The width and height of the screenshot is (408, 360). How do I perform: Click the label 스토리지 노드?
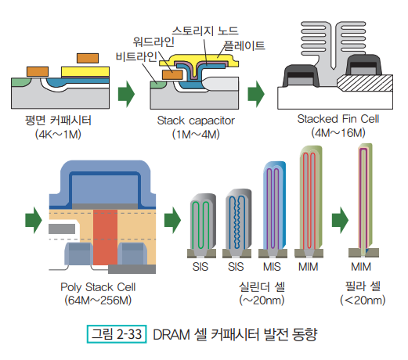205,31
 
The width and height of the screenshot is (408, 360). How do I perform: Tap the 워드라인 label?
153,41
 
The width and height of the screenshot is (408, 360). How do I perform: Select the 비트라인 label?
136,56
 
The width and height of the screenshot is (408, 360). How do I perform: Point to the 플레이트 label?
244,45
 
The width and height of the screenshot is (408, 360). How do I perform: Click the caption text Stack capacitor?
196,121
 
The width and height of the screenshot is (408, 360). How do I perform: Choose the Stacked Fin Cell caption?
338,119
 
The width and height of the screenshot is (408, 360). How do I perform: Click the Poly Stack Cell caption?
98,287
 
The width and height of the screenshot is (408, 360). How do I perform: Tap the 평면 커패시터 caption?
58,121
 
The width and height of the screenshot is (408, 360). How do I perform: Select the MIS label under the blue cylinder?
272,267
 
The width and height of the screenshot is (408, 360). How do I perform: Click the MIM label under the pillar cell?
361,267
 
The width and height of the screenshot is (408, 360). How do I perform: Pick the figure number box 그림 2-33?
117,334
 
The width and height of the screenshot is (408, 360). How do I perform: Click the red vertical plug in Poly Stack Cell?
105,237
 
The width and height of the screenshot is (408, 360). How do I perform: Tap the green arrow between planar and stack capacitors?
126,94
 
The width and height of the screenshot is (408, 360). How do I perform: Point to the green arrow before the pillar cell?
340,220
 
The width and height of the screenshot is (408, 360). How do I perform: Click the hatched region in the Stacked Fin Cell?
366,83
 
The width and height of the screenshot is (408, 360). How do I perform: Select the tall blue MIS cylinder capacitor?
274,205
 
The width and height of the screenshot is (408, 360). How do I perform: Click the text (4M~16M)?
338,133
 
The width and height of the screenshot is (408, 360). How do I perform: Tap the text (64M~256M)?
98,301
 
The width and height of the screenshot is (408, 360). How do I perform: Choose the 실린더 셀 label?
262,286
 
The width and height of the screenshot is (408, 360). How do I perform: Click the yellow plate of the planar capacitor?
85,72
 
